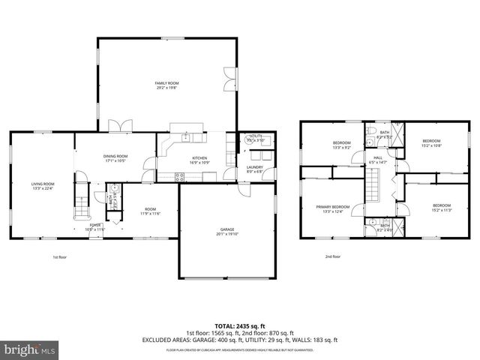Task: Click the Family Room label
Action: (166, 85)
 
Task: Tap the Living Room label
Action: (43, 186)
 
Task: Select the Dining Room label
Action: (115, 158)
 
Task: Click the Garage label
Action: (227, 231)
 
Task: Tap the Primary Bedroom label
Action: (332, 208)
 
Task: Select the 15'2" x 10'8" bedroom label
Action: (431, 143)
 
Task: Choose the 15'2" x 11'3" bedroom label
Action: (442, 208)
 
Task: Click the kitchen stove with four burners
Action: (180, 177)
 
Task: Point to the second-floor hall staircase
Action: (374, 184)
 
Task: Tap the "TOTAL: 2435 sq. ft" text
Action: (239, 326)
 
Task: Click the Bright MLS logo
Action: (30, 349)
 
